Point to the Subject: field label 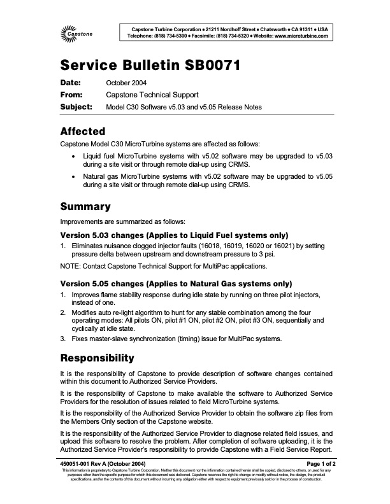coord(76,106)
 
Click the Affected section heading coord(83,132)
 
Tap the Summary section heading coord(86,207)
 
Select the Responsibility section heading coord(97,358)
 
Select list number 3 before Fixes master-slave coord(62,339)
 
